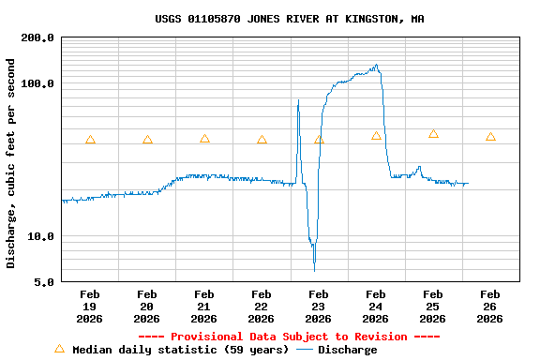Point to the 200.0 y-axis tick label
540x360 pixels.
(37, 38)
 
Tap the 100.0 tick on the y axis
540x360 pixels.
(37, 84)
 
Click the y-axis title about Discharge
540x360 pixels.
(11, 163)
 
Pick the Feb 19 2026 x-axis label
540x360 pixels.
(90, 307)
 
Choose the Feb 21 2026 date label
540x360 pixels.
(204, 307)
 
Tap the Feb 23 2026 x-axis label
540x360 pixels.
(319, 307)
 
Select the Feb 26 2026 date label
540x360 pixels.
(489, 307)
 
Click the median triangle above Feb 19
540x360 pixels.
(90, 141)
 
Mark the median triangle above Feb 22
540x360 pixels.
(262, 141)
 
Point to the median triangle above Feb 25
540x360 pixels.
(433, 134)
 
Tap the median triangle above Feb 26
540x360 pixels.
(490, 137)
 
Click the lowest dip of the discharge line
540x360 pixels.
(314, 269)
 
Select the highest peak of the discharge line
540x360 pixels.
(377, 65)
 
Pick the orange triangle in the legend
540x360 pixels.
(59, 349)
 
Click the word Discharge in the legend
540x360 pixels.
(347, 350)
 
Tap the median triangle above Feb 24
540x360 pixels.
(376, 136)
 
